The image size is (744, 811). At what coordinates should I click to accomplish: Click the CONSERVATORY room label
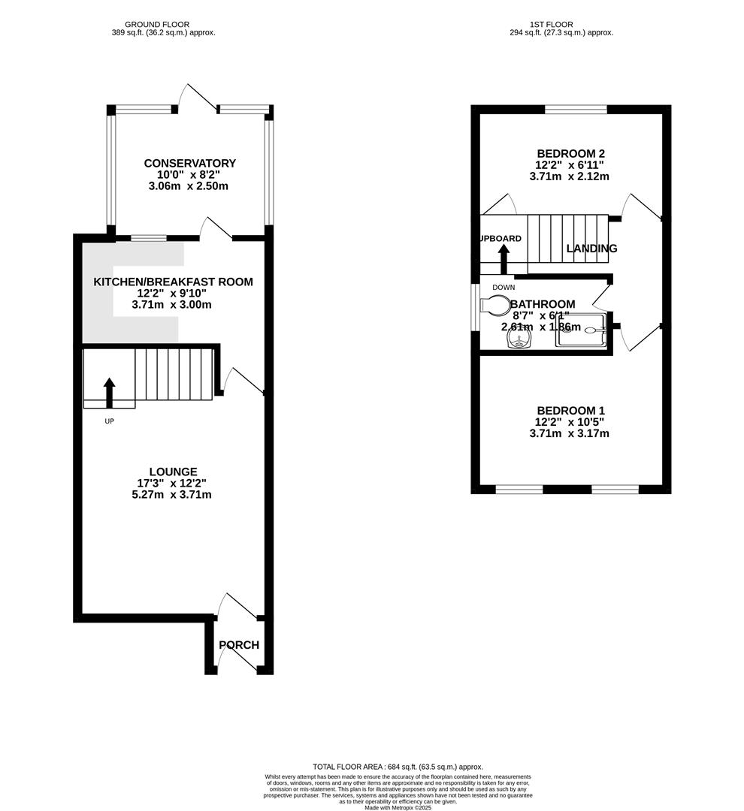coord(189,164)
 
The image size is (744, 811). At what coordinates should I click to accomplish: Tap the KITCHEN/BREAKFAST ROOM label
coord(173,282)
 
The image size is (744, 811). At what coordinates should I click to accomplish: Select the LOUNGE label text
coord(173,472)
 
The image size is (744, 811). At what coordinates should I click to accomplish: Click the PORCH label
coord(239,645)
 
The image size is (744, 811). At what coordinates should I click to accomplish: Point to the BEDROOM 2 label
coord(570,153)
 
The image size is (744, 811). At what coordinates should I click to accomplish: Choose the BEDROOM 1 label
coord(570,411)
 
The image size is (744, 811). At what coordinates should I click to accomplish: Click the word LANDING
coord(591,249)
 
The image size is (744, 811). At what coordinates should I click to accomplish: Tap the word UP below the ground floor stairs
coord(109,421)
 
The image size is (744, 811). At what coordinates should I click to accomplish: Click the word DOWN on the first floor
coord(504,288)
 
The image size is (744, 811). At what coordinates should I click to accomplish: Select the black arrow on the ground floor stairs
coord(110,392)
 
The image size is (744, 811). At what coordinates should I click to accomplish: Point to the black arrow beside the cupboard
coord(504,258)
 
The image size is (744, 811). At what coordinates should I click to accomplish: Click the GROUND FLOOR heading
coord(157,25)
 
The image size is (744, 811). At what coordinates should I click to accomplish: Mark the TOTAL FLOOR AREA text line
coord(398,767)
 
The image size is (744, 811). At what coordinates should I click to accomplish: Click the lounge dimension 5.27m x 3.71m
coord(173,495)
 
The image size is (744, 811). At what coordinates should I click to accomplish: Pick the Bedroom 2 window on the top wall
coord(576,110)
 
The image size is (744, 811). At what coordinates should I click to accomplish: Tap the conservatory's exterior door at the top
coord(197,98)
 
